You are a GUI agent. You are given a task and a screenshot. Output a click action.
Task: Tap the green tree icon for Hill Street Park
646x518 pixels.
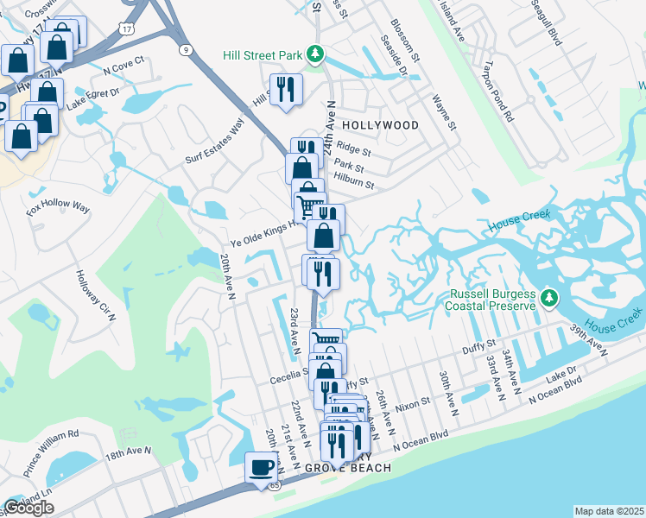point(315,54)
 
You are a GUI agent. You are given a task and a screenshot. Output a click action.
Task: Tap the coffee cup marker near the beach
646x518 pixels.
point(261,468)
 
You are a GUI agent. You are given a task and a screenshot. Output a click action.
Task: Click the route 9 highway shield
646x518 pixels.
point(186,49)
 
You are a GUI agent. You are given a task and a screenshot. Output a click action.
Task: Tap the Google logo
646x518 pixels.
point(28,508)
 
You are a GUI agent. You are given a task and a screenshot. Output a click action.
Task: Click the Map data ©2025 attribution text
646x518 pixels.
point(609,511)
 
